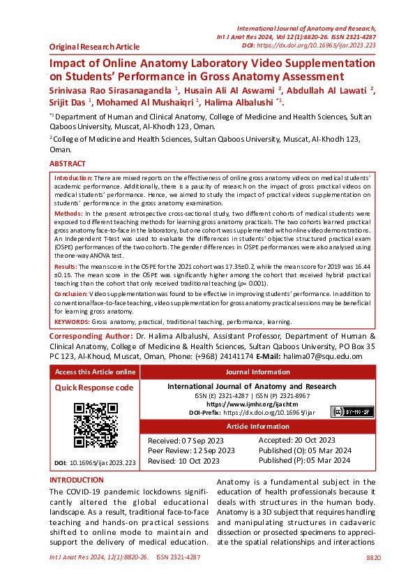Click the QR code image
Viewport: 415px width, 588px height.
(x=95, y=425)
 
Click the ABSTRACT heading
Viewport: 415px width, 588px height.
(x=68, y=164)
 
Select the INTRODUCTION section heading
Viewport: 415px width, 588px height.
(x=77, y=480)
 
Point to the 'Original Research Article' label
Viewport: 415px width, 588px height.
(x=94, y=47)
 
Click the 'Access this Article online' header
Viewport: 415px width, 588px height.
(x=95, y=372)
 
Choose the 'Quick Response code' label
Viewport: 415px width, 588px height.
(x=93, y=388)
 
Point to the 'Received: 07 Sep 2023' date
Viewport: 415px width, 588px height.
(x=186, y=441)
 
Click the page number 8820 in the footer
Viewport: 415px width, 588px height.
(x=374, y=557)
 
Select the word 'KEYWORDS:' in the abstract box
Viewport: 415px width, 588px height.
(x=72, y=322)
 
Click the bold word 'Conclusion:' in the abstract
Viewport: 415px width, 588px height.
(x=70, y=295)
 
